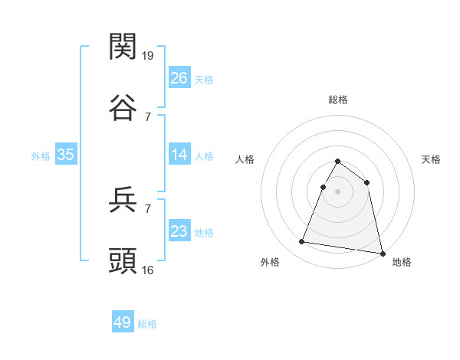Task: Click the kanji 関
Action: (123, 47)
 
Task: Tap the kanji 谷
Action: (123, 108)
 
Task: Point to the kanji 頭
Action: (123, 261)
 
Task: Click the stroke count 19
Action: (149, 56)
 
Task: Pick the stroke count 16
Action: (149, 270)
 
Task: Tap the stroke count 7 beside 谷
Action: (149, 116)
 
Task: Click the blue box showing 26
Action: (179, 78)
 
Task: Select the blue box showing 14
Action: (179, 155)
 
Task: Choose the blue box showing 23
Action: (179, 231)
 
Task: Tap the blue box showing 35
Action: (66, 155)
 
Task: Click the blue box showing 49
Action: (123, 322)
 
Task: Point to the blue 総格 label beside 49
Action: (147, 324)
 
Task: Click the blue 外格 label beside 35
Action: (41, 156)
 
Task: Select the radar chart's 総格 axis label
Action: (338, 100)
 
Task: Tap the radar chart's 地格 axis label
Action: (402, 263)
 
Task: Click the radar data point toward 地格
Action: (383, 254)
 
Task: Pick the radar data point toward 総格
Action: (338, 162)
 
